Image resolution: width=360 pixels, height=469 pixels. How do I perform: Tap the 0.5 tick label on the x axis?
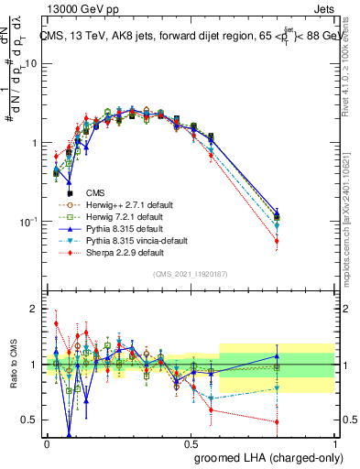(x=191, y=442)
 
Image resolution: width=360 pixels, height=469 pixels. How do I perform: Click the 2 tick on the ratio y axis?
(x=35, y=309)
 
